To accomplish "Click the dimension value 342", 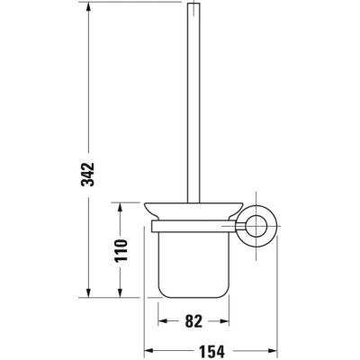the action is (x=87, y=175).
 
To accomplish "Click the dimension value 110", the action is (x=121, y=250).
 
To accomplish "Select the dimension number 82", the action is (x=193, y=321).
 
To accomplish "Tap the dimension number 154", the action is (x=211, y=350).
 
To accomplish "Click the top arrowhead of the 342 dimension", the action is (x=88, y=6).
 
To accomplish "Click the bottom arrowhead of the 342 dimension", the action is (x=88, y=293).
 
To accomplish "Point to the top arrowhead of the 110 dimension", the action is (x=120, y=207).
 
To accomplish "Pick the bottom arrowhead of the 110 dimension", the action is (x=120, y=293).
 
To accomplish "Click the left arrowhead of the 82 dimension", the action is (x=162, y=321).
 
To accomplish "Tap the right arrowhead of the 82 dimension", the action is (x=225, y=321).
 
